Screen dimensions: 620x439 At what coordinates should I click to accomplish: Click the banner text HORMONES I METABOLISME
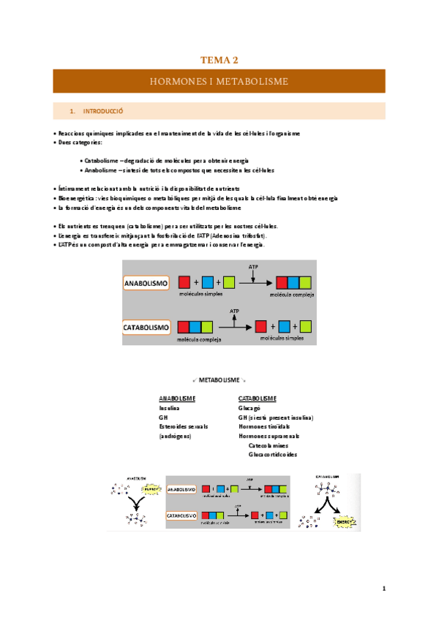point(219,81)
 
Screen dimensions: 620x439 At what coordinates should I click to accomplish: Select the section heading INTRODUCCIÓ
point(102,111)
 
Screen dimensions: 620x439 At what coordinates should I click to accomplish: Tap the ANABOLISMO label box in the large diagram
point(147,282)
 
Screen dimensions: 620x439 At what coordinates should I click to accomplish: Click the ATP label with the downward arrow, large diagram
point(253,268)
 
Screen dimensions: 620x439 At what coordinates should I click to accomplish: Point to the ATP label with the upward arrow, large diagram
point(235,311)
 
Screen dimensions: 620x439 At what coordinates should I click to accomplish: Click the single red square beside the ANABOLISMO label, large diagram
point(184,282)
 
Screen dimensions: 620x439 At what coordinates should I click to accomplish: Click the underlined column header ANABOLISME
point(177,398)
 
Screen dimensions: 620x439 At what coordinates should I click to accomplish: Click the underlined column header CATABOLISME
point(258,398)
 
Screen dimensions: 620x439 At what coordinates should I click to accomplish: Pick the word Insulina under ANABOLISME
point(169,408)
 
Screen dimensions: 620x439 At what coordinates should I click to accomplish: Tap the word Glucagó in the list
point(250,408)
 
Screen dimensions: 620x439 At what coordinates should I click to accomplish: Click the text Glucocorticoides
point(273,455)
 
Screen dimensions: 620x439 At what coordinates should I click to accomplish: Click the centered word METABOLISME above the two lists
point(219,381)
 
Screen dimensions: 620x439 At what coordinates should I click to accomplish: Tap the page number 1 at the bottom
point(383,589)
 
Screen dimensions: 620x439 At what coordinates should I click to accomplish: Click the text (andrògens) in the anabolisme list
point(175,436)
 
